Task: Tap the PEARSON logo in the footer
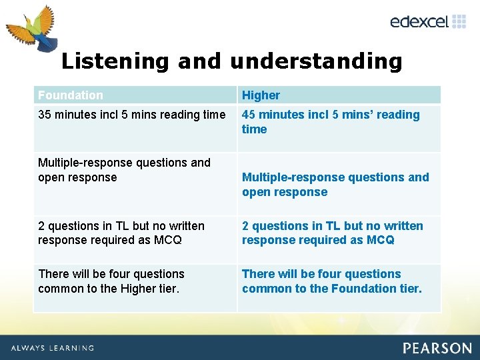pyautogui.click(x=437, y=348)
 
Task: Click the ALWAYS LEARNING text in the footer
pyautogui.click(x=52, y=348)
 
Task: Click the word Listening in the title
pyautogui.click(x=115, y=61)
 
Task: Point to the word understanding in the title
pyautogui.click(x=316, y=61)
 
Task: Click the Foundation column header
pyautogui.click(x=71, y=95)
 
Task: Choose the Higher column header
pyautogui.click(x=261, y=95)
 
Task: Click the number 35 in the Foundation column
pyautogui.click(x=45, y=115)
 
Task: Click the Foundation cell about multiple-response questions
pyautogui.click(x=124, y=170)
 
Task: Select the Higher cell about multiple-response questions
pyautogui.click(x=335, y=185)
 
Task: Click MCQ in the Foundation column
pyautogui.click(x=167, y=240)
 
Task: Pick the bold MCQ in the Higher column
pyautogui.click(x=380, y=240)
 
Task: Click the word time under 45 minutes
pyautogui.click(x=254, y=129)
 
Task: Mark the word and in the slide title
pyautogui.click(x=201, y=61)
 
